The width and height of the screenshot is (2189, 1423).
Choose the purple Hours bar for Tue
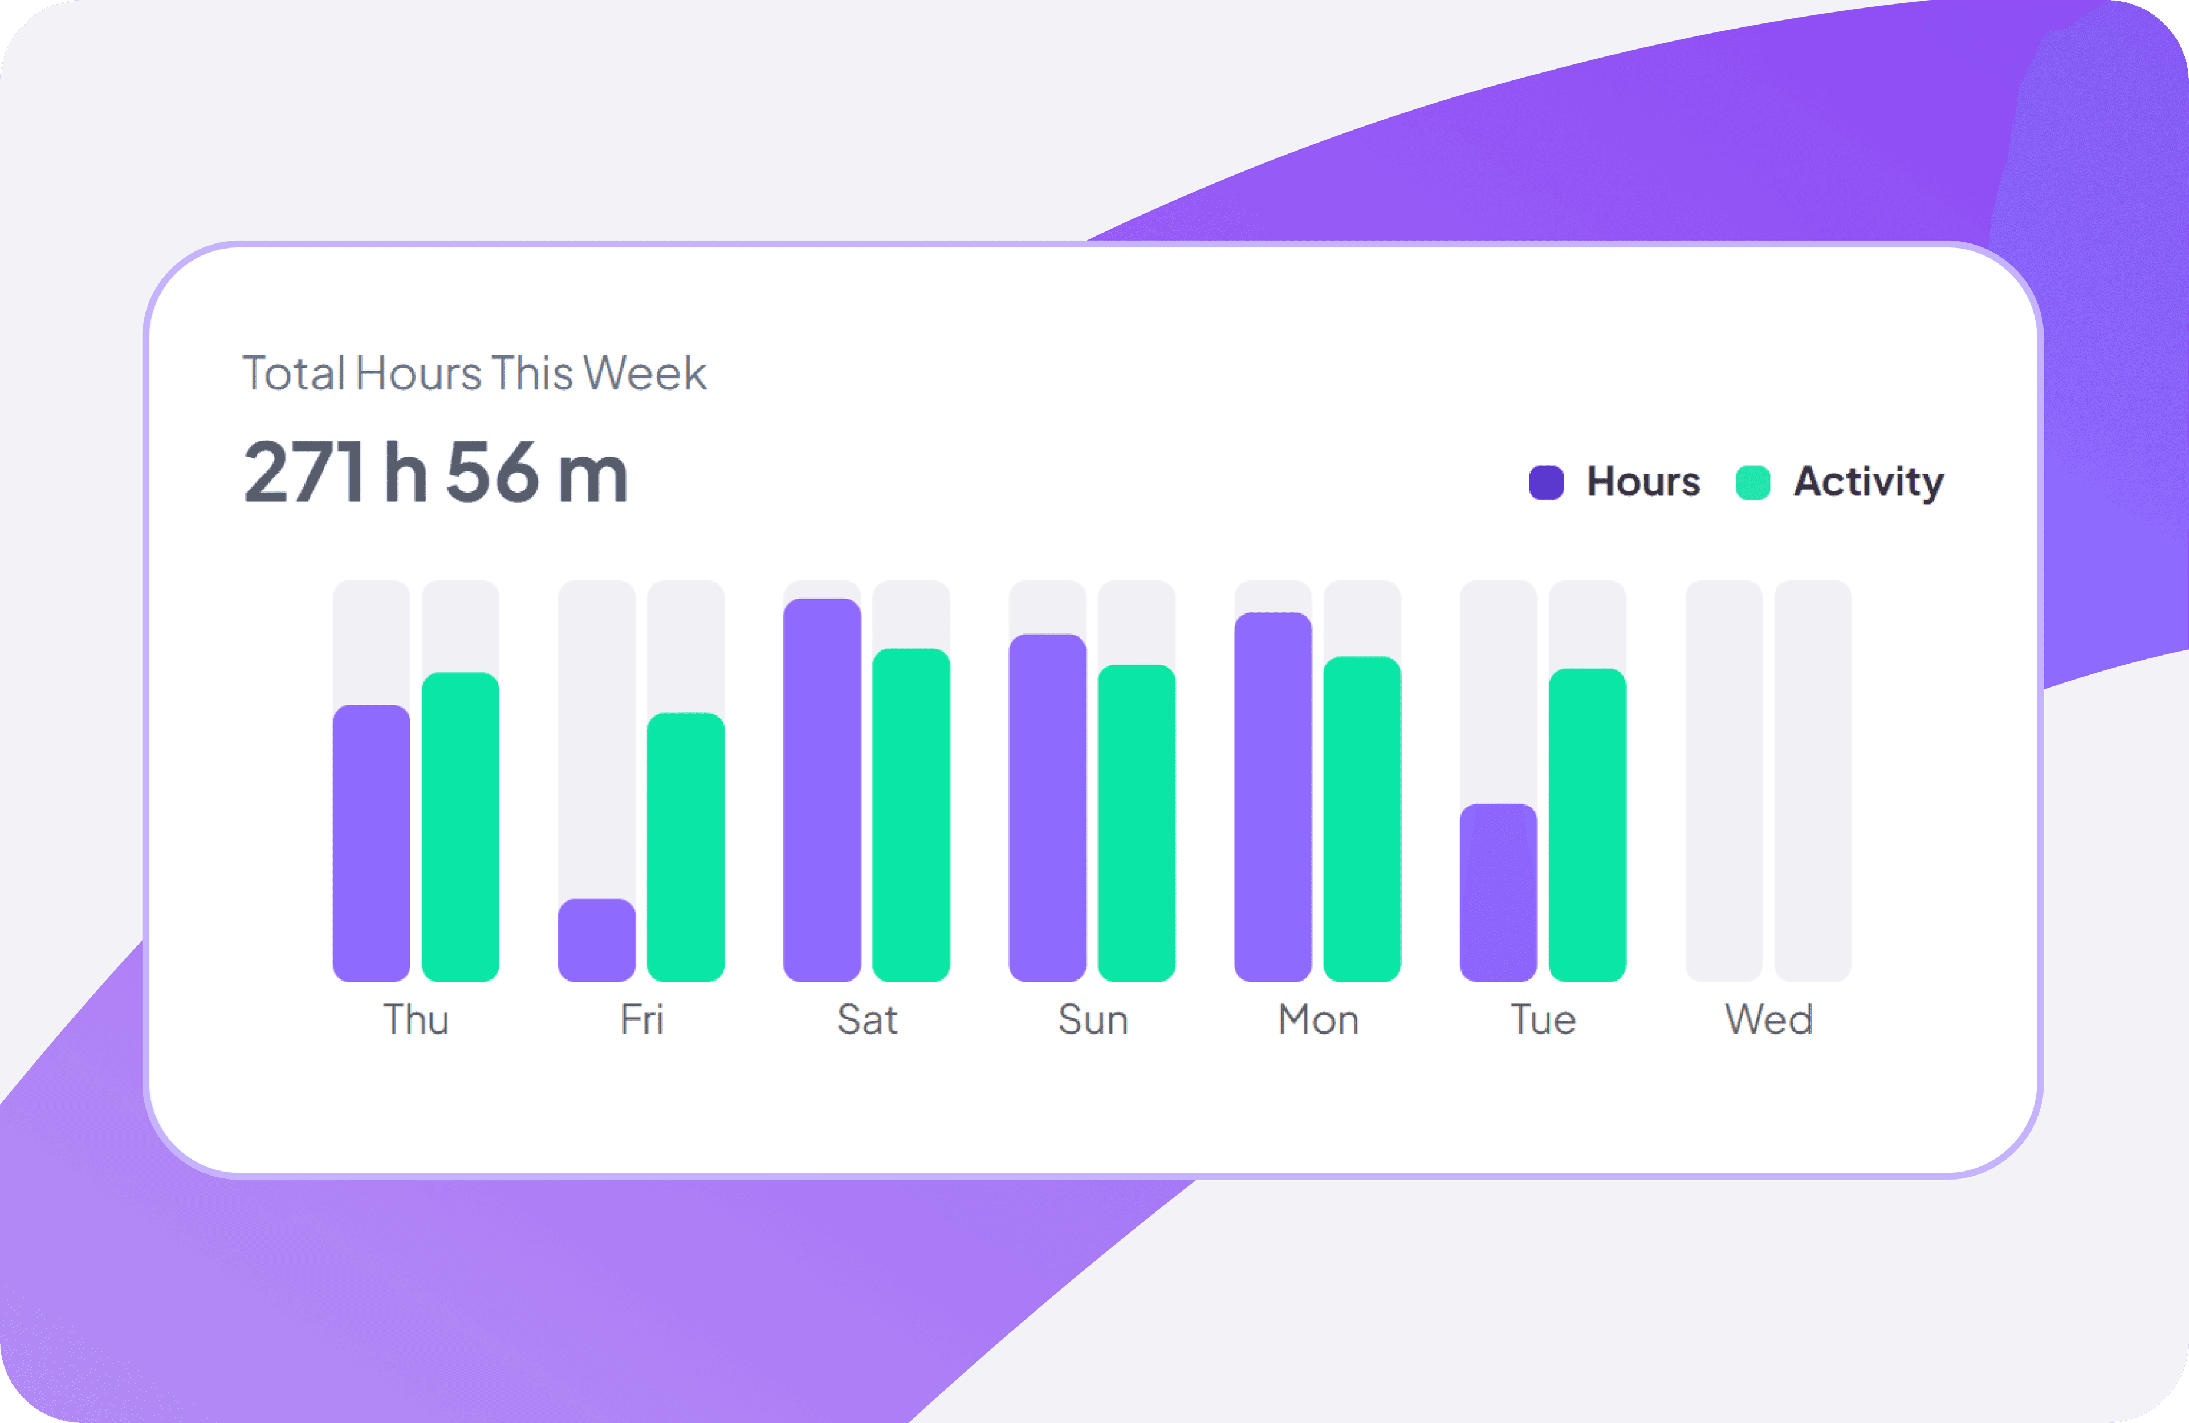pyautogui.click(x=1498, y=892)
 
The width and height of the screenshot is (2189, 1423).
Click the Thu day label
pyautogui.click(x=416, y=1019)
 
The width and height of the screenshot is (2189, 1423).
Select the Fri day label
pyautogui.click(x=641, y=1019)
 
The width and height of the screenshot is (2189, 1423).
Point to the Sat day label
pyautogui.click(x=866, y=1019)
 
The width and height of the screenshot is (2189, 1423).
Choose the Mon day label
pyautogui.click(x=1318, y=1019)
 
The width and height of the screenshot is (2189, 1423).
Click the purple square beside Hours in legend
pyautogui.click(x=1545, y=482)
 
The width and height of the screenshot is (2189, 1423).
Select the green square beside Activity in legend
pyautogui.click(x=1752, y=482)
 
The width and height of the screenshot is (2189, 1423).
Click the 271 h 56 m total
pyautogui.click(x=436, y=472)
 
